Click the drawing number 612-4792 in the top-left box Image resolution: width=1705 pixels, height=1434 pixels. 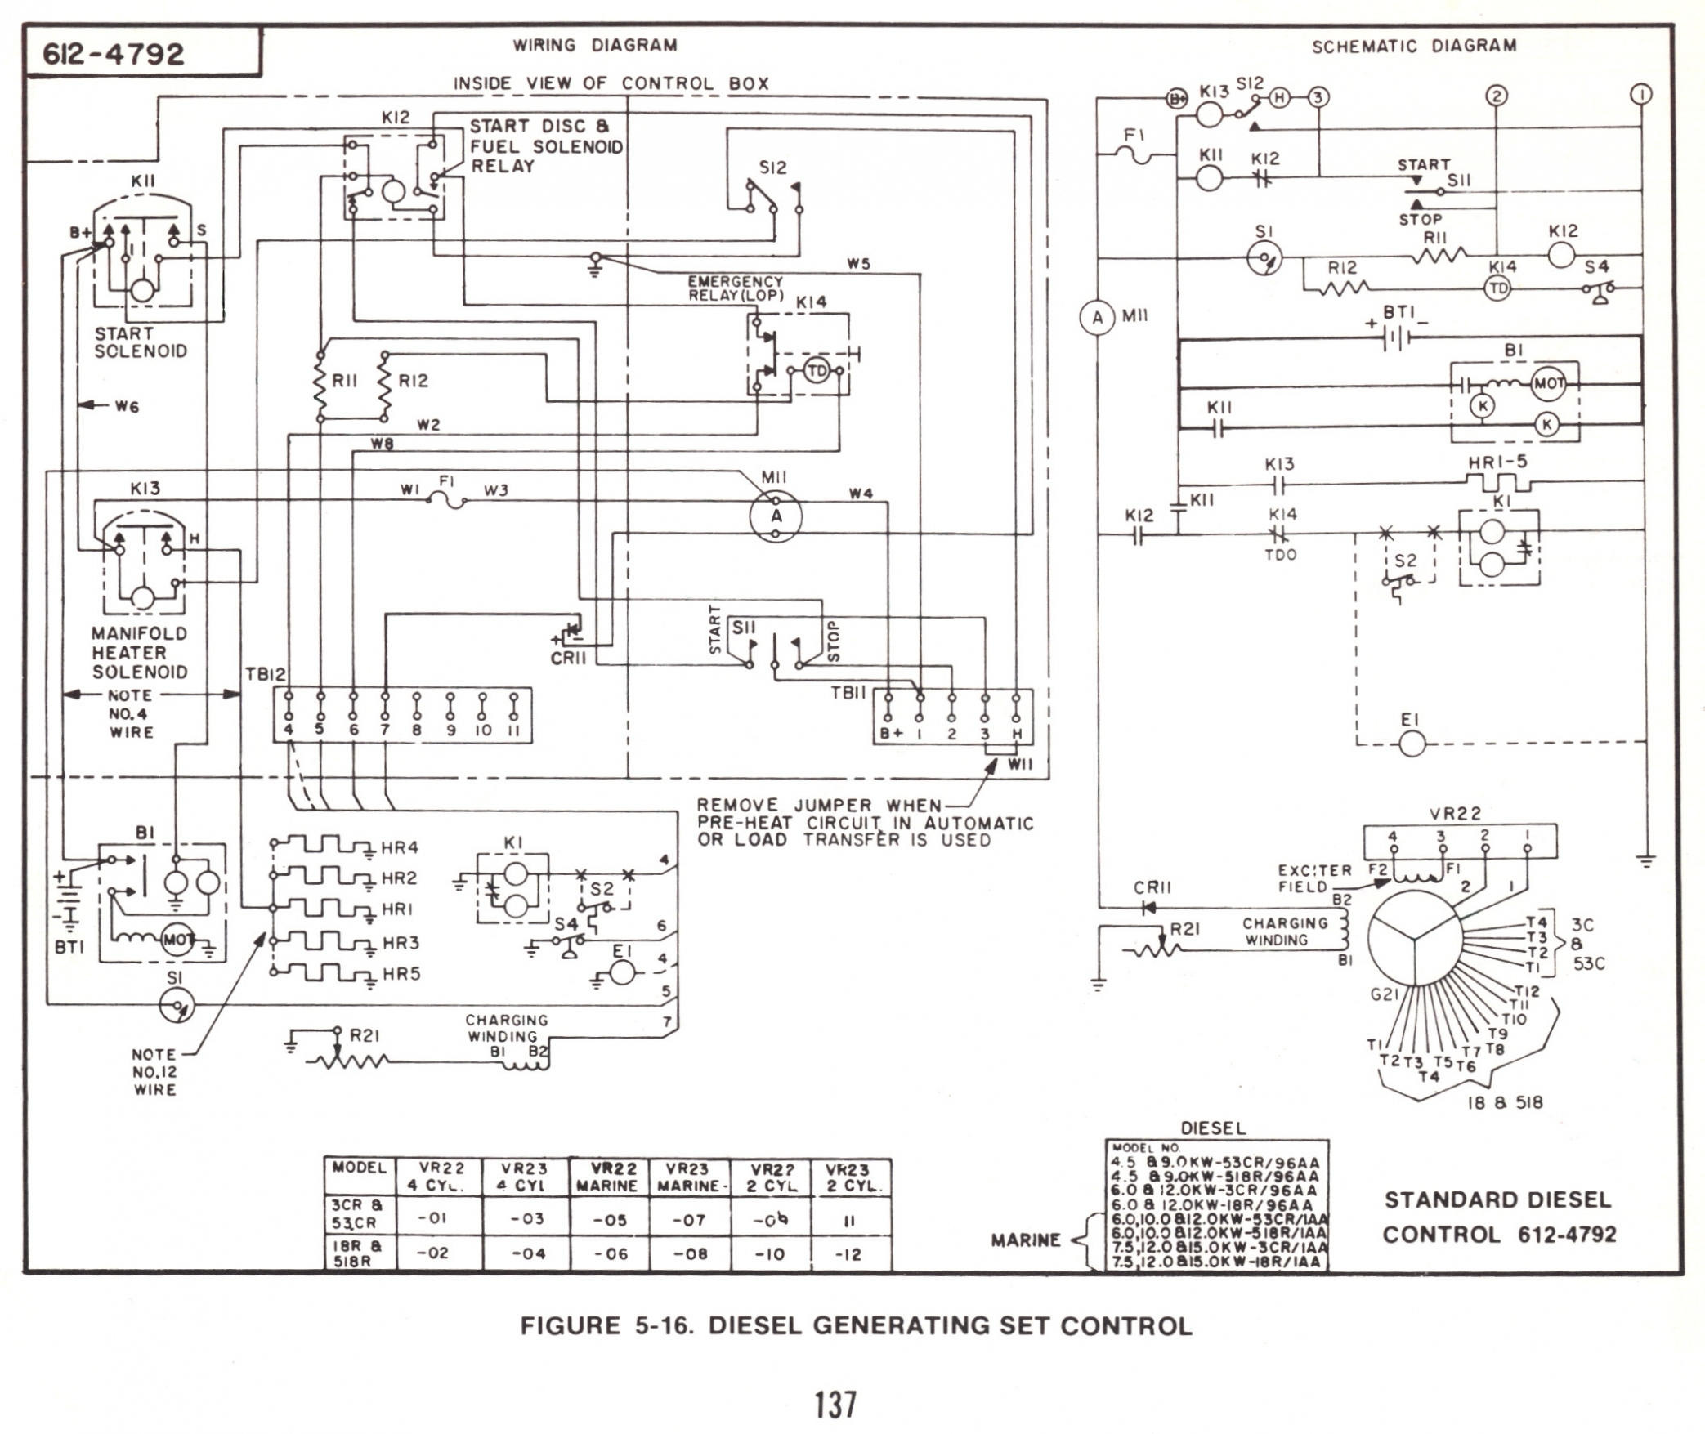(x=114, y=54)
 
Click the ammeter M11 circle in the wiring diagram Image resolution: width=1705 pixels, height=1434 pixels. (x=776, y=516)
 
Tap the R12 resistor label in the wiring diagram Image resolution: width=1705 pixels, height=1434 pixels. (x=413, y=381)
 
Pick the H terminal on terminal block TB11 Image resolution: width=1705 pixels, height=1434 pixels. (x=1017, y=733)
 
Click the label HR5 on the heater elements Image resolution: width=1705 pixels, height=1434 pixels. (x=401, y=974)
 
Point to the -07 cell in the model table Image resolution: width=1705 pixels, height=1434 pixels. (x=688, y=1220)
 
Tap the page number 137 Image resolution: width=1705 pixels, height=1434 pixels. (x=835, y=1405)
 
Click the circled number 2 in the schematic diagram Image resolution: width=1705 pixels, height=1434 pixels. (x=1497, y=96)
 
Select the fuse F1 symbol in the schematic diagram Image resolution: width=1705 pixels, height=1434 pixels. (x=1134, y=154)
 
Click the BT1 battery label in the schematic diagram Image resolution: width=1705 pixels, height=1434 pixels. (x=1398, y=313)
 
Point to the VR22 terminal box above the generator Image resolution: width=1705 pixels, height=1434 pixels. (x=1460, y=841)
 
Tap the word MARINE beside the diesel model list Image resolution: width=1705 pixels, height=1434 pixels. (x=1025, y=1240)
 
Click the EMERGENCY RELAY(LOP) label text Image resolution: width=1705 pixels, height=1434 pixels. (x=735, y=288)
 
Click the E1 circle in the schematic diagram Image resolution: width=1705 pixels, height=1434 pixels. (x=1412, y=744)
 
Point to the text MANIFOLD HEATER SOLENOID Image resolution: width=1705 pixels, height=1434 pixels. (x=139, y=653)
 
